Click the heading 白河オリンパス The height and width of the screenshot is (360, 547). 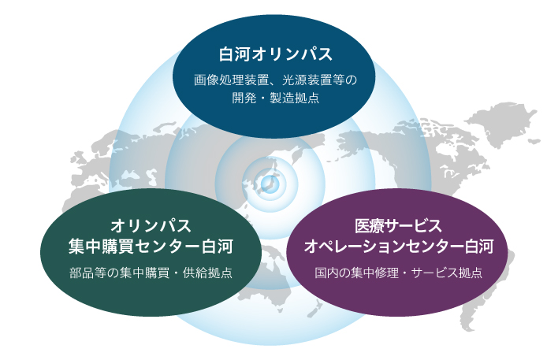275,54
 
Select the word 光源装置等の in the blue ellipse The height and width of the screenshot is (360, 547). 319,80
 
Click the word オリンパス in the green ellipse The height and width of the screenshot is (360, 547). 151,226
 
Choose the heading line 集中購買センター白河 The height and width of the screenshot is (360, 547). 151,247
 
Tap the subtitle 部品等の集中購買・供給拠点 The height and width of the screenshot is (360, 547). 151,273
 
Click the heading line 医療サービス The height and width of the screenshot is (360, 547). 398,226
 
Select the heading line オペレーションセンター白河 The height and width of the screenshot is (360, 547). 398,247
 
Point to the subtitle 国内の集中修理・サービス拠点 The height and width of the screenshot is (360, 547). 398,273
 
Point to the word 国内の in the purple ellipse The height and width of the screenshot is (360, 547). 333,273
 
